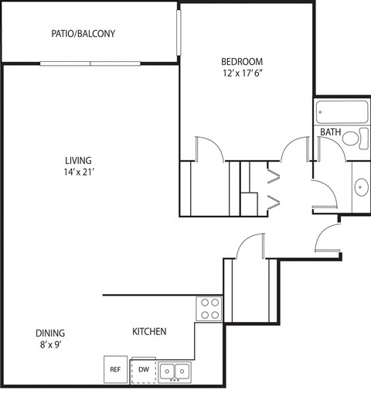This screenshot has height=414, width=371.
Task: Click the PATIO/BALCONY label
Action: [83, 33]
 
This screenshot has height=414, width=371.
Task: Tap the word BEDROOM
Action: [242, 62]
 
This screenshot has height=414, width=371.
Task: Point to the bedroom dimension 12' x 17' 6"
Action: [242, 74]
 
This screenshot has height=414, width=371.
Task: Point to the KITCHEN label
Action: [149, 331]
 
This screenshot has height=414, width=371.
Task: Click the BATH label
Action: [330, 132]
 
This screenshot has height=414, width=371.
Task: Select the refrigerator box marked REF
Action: [115, 370]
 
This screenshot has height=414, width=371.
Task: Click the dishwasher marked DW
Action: [144, 370]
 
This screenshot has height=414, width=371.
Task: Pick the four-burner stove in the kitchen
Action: [208, 310]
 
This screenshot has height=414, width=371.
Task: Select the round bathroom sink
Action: [361, 187]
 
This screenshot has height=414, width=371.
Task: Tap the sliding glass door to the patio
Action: [90, 63]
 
